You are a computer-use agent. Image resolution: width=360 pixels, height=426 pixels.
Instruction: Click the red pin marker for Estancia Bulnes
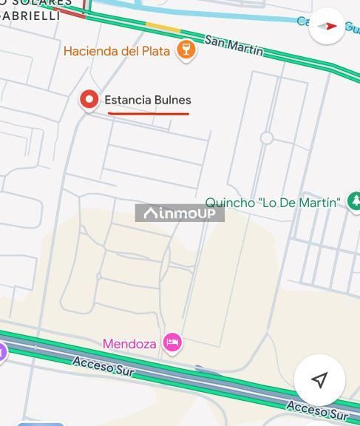89,99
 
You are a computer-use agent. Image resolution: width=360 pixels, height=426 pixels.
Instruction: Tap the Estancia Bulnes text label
147,100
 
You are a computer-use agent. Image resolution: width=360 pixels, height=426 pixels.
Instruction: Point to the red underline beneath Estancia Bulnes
149,114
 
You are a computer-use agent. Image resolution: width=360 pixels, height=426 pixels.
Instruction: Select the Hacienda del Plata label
118,51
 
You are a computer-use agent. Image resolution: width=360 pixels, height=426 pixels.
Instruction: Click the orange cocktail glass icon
186,50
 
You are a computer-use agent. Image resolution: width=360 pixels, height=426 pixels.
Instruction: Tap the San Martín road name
234,45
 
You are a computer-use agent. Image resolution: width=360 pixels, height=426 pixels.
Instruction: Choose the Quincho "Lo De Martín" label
273,202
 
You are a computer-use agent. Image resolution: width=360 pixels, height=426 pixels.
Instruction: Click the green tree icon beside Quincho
355,201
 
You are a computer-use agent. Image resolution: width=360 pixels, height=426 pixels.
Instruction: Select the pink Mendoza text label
129,344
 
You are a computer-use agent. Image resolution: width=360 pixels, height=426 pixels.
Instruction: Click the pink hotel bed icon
171,342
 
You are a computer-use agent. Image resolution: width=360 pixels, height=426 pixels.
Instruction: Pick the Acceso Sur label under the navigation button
316,409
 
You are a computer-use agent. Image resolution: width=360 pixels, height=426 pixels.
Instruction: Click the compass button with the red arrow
326,26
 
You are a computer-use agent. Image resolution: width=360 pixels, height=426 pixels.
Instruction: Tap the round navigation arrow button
319,379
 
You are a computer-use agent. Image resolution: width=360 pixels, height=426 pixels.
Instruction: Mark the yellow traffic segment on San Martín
163,28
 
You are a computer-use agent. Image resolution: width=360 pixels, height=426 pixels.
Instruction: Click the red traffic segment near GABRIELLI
70,11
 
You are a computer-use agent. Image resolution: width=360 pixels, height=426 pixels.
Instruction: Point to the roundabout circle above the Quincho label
267,138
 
